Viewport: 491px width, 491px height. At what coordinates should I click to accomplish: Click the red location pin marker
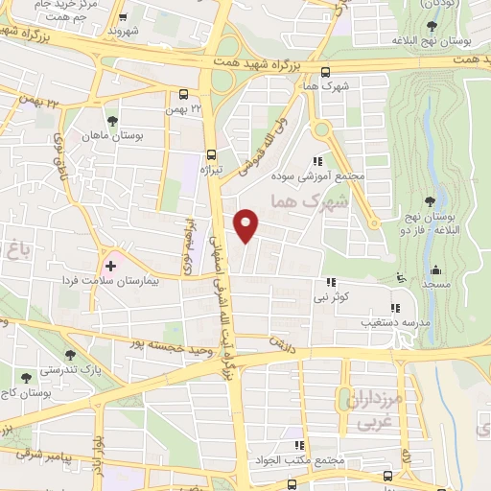click(247, 225)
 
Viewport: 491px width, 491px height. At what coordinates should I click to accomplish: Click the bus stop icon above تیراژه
click(212, 153)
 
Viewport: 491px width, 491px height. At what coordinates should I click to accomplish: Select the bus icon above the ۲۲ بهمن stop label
click(183, 93)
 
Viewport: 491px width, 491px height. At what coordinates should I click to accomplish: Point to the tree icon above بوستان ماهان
click(113, 121)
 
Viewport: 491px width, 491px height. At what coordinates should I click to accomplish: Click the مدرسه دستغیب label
click(390, 322)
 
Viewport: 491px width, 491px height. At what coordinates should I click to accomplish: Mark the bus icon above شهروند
click(122, 16)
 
